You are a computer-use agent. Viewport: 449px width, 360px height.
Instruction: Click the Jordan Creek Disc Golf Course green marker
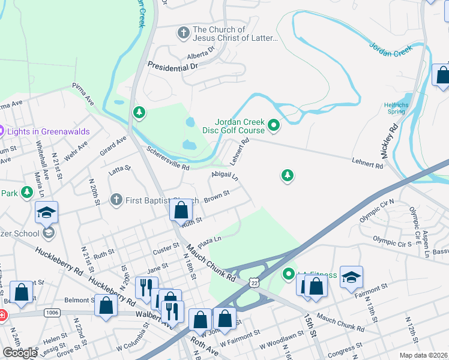(x=274, y=125)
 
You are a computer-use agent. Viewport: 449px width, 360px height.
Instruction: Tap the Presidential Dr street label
(x=172, y=68)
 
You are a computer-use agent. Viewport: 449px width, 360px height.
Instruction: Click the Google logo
(x=20, y=353)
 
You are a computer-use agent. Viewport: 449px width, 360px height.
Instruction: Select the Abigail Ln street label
(x=224, y=176)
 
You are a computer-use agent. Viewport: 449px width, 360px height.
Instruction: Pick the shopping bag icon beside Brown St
(x=181, y=210)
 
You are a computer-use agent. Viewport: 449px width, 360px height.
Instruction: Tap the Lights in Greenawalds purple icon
(x=2, y=131)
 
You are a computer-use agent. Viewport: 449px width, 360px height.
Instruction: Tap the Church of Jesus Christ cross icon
(x=183, y=30)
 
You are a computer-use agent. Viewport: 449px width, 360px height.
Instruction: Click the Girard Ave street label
(x=118, y=146)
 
